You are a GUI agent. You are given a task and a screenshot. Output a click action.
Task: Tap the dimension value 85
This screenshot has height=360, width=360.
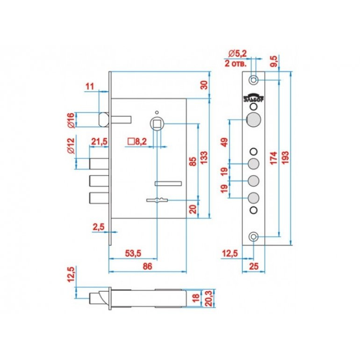193,163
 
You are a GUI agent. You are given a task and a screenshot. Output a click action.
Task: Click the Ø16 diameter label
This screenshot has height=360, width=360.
71,120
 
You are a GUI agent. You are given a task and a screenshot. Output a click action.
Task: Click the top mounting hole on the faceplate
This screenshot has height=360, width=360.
253,80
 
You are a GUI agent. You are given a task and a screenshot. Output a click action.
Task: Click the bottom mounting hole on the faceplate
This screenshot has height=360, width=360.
253,237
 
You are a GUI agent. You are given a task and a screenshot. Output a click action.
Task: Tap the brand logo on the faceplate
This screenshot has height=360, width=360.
253,98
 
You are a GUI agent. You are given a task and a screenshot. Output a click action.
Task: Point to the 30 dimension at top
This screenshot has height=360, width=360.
203,85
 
